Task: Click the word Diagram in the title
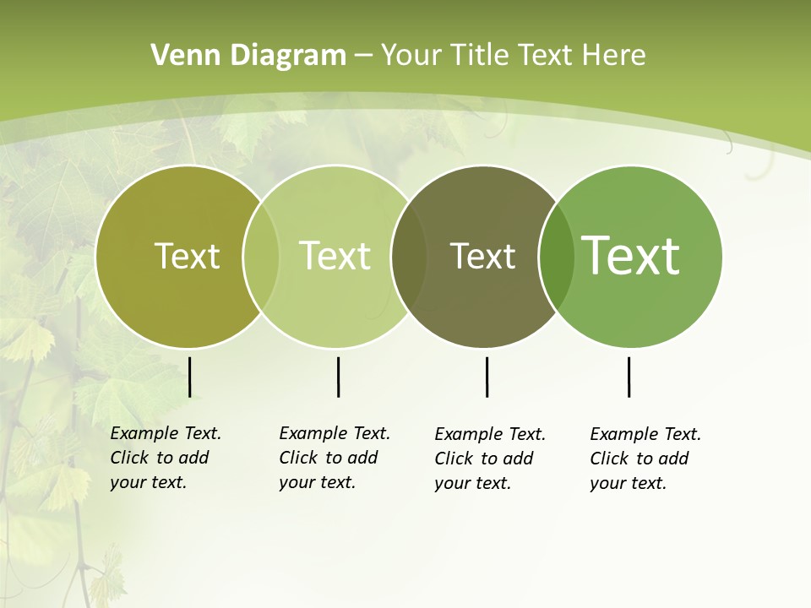point(287,56)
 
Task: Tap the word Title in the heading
point(479,56)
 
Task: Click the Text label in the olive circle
point(187,256)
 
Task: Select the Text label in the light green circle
point(335,256)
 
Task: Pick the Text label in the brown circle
point(482,256)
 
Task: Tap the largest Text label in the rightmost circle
point(631,256)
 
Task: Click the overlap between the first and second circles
point(261,257)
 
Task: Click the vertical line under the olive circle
point(190,377)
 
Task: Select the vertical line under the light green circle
point(338,377)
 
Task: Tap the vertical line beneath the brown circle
point(487,377)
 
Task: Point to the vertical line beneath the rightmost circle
point(629,377)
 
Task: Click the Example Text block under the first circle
point(166,458)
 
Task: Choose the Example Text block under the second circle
point(335,458)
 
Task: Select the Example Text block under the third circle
point(490,459)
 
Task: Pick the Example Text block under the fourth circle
point(645,459)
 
